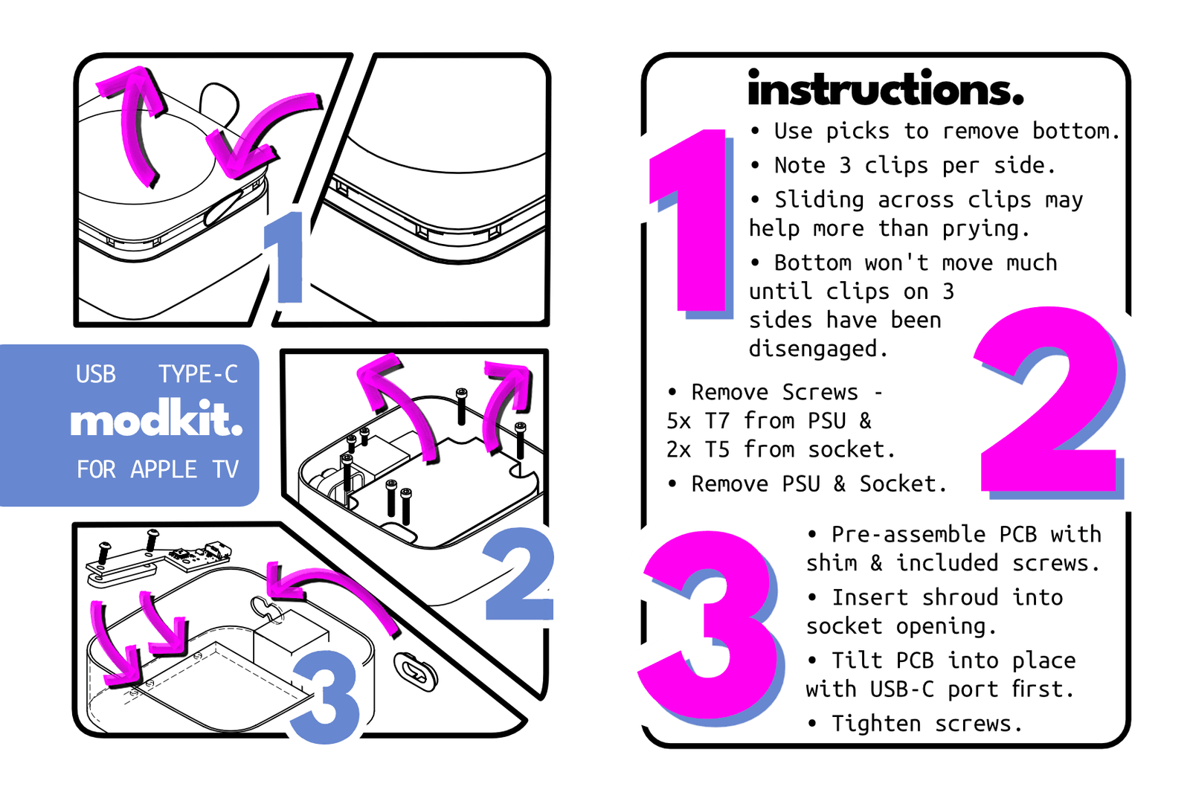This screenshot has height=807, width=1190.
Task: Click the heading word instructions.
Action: pos(886,89)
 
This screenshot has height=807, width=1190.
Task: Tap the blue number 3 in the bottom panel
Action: pos(325,696)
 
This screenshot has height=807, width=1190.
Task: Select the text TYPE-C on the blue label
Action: pos(198,374)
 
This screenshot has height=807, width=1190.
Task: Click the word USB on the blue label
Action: pos(96,374)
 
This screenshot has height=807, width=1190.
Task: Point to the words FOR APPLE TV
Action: pos(158,469)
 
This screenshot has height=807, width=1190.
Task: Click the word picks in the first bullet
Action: pos(858,132)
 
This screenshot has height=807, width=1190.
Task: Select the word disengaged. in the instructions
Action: pos(818,349)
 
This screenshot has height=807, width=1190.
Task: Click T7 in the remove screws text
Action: pos(717,421)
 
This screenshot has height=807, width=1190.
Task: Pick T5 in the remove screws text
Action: pos(717,449)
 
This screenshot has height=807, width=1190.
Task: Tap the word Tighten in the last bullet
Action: pos(877,724)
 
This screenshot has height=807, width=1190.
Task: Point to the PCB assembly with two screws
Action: pos(158,559)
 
